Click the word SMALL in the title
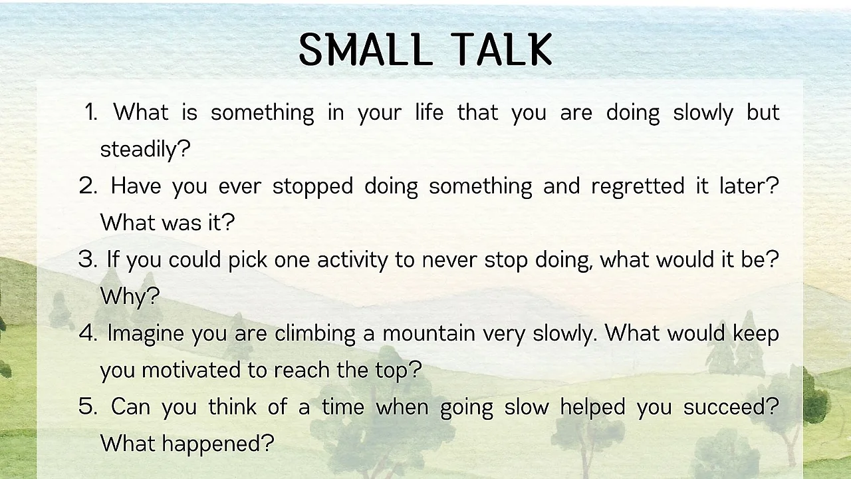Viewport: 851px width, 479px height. coord(366,49)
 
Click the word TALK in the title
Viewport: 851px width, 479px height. coord(501,49)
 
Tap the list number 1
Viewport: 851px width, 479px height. coord(91,112)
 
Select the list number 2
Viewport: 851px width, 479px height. coord(88,186)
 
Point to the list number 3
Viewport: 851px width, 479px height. coord(88,259)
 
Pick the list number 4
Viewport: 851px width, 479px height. coord(88,333)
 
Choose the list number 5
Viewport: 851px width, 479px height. coord(88,406)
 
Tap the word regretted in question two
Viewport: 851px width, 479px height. coord(638,186)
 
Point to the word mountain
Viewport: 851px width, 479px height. coord(429,333)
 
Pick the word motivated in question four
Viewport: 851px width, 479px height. coord(191,370)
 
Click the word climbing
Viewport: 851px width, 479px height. coord(315,334)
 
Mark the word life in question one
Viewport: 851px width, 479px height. coord(429,112)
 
